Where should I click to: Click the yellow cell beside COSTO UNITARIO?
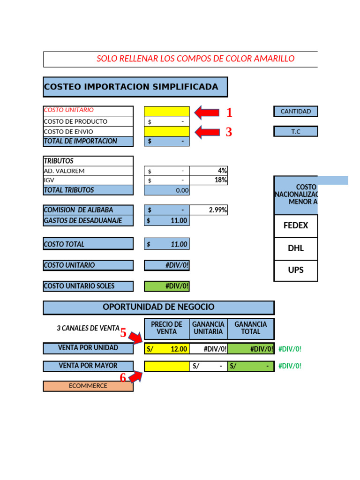click(167, 111)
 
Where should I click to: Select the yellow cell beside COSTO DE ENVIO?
click(167, 131)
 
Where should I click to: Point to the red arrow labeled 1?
click(207, 112)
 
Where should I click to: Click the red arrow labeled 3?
click(207, 132)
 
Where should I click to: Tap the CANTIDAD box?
click(295, 111)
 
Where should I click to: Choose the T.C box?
click(295, 131)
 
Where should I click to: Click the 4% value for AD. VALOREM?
click(209, 171)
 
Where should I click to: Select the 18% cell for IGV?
click(209, 180)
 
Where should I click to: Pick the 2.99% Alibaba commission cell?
click(209, 210)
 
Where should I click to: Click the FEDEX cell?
click(296, 225)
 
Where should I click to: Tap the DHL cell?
click(296, 248)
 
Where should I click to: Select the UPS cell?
click(296, 270)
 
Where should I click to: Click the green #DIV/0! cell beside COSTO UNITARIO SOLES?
click(167, 286)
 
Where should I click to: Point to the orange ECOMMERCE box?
click(88, 386)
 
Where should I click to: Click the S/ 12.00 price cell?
click(167, 349)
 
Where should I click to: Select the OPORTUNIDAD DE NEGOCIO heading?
click(158, 307)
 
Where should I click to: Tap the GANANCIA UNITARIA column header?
click(208, 328)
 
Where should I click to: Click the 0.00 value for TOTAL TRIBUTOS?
click(167, 190)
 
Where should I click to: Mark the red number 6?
click(123, 378)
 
